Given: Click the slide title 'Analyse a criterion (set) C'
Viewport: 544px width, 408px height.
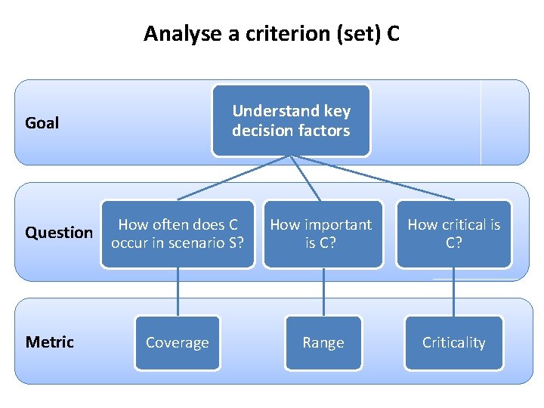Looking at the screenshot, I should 271,34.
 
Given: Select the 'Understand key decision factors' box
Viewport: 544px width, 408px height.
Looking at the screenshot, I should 291,121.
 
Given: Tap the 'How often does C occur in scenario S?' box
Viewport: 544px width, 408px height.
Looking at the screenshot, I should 178,234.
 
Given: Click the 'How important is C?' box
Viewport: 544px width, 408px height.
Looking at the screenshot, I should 323,234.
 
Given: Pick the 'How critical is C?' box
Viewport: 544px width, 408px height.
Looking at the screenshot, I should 453,234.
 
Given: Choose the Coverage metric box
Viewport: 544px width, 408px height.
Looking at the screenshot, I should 178,342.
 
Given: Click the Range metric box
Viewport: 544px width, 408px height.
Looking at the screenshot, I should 323,342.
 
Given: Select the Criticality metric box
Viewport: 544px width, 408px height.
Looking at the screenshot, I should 453,342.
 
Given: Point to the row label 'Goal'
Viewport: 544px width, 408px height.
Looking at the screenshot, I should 42,122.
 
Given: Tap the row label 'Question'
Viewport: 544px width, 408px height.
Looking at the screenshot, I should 59,233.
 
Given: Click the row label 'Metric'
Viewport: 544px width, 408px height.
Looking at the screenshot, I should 50,342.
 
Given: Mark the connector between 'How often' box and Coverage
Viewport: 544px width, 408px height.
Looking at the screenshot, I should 178,292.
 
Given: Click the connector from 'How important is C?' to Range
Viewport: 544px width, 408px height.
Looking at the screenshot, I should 323,292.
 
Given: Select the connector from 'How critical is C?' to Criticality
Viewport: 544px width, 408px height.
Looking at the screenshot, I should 454,292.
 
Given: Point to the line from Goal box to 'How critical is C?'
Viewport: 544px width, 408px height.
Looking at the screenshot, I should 374,178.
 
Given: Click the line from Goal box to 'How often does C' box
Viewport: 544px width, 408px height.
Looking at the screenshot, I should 234,178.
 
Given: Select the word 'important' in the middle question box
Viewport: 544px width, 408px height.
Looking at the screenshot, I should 338,224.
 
